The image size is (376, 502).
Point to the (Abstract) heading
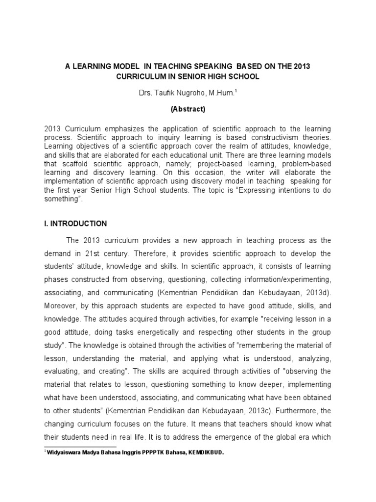[x=188, y=109]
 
